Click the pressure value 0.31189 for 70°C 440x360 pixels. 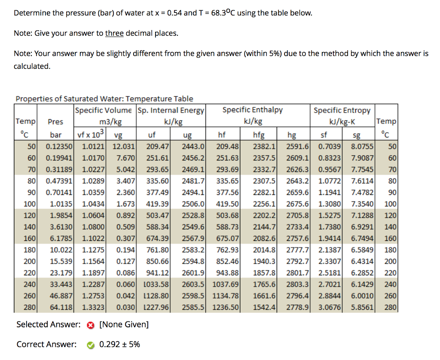(x=59, y=169)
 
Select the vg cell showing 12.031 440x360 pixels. (x=124, y=147)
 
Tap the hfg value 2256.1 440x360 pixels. (x=264, y=204)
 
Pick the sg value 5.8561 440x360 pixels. (x=362, y=308)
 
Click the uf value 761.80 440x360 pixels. (x=157, y=250)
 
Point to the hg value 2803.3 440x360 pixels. (x=297, y=284)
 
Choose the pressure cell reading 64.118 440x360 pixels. (x=61, y=308)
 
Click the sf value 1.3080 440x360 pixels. (x=330, y=204)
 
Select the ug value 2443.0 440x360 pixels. (x=193, y=147)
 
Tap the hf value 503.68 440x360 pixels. (x=227, y=215)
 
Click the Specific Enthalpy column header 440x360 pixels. (x=253, y=110)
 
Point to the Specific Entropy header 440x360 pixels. (x=342, y=111)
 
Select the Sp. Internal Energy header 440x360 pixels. (x=171, y=111)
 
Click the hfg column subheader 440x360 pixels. (x=259, y=135)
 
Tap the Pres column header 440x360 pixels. (x=55, y=122)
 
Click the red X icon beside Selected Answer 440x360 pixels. (x=90, y=326)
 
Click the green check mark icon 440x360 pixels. (x=90, y=345)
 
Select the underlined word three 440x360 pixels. (x=114, y=34)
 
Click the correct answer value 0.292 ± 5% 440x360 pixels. (x=119, y=345)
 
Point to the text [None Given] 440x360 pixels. (x=124, y=325)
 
